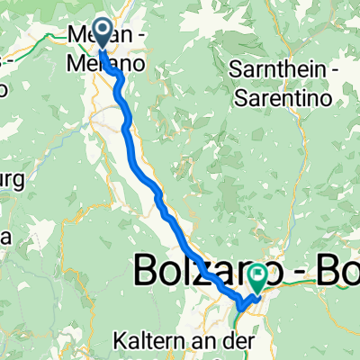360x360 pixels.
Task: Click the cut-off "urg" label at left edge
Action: (x=11, y=175)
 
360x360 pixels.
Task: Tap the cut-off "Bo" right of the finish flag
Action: (x=337, y=270)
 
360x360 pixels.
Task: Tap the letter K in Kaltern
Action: (x=119, y=342)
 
